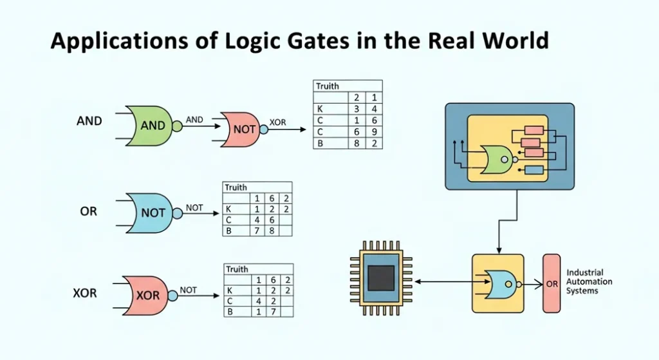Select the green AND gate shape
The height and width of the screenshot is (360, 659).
tap(151, 126)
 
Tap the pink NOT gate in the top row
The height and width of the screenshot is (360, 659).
tap(243, 129)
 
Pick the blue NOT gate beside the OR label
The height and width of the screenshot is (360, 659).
tap(151, 213)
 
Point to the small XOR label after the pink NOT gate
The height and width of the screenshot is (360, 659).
tap(278, 122)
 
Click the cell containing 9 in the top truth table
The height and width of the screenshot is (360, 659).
tap(373, 132)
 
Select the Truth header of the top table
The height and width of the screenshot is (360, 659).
tap(328, 86)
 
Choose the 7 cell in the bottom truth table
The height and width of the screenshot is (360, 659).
tap(272, 312)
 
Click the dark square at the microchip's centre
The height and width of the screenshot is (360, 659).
tap(380, 278)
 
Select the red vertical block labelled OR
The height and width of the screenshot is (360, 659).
tap(552, 283)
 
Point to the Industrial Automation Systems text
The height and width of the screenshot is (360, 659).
tap(589, 282)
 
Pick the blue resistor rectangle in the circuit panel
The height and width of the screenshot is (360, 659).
tap(534, 169)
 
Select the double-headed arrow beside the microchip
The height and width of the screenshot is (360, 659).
tap(444, 281)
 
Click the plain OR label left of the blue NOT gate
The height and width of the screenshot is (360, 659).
tap(89, 211)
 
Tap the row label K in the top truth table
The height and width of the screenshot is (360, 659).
tap(319, 109)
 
